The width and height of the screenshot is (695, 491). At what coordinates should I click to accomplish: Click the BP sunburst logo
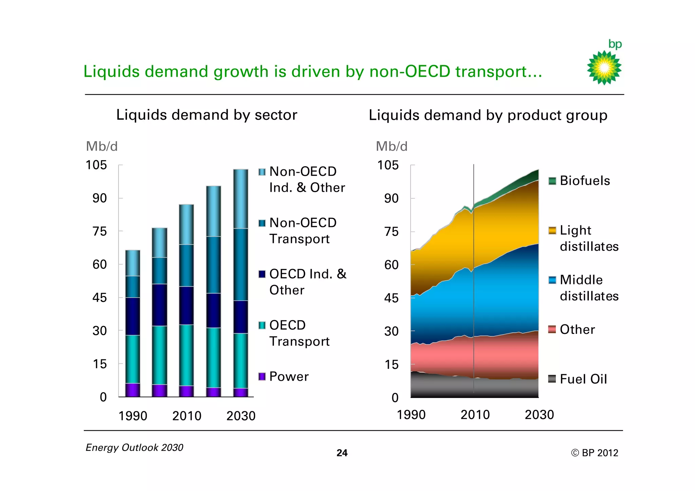(x=604, y=68)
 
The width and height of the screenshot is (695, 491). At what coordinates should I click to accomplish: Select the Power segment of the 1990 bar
(x=133, y=390)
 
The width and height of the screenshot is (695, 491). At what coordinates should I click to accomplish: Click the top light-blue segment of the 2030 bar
(x=241, y=199)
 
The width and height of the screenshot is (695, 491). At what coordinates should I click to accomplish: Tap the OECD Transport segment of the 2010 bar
(x=186, y=355)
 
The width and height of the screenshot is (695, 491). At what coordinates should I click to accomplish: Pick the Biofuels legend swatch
(x=552, y=181)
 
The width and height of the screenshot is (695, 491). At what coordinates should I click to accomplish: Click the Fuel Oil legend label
(x=583, y=379)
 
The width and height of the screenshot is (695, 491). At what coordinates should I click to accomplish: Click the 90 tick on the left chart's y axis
(x=99, y=198)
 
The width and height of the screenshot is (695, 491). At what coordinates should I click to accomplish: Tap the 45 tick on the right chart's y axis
(x=391, y=298)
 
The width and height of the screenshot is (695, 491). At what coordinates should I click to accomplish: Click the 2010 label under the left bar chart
(x=187, y=416)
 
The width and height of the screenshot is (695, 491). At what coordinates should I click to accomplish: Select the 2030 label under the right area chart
(x=539, y=415)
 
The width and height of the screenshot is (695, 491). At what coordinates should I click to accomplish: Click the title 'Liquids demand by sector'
(x=207, y=115)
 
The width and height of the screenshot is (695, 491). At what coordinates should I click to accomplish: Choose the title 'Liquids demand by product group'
(x=488, y=115)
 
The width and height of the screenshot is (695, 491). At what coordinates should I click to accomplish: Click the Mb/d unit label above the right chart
(x=391, y=146)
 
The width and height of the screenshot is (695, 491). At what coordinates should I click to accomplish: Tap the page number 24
(x=342, y=453)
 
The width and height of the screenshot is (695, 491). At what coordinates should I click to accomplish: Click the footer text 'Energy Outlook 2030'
(x=134, y=448)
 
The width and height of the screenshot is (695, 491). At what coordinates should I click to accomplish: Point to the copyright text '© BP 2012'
(x=594, y=453)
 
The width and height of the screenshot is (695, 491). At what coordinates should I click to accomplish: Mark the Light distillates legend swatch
(x=552, y=230)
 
